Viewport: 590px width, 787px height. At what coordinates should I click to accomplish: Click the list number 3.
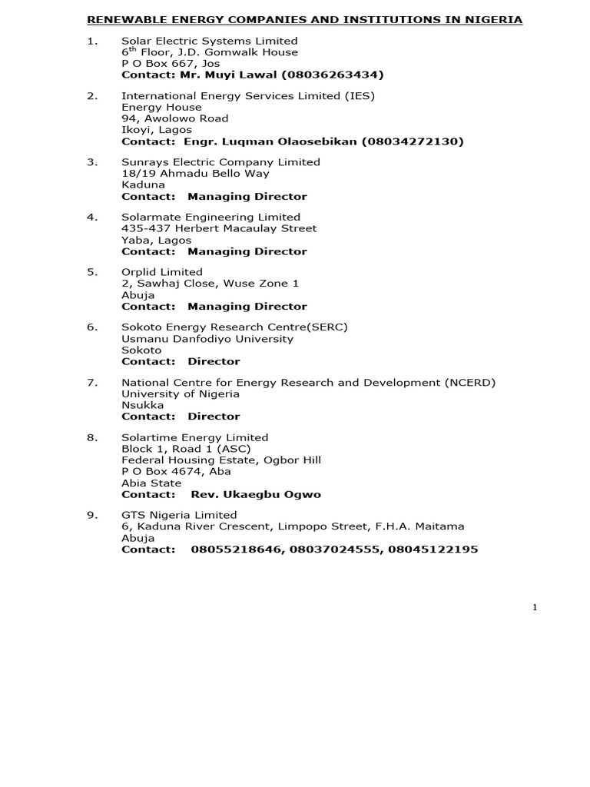(92, 162)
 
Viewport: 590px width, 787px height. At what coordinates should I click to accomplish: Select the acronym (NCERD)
(469, 382)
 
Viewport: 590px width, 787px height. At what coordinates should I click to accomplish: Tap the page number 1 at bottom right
(535, 607)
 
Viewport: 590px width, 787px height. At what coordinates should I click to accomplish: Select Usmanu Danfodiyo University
(207, 338)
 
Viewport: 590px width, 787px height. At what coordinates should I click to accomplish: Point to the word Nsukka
(143, 405)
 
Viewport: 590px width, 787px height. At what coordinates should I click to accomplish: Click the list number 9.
(92, 515)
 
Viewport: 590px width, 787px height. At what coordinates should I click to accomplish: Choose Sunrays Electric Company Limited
(220, 162)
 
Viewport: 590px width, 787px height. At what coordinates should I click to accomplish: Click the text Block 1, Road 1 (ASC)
(186, 449)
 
